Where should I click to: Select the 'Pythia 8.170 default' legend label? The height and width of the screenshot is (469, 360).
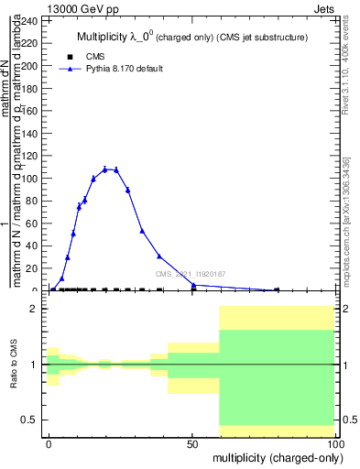pos(125,69)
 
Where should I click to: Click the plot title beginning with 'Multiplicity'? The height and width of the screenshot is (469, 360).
pos(191,38)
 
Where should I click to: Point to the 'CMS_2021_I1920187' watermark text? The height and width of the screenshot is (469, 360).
pos(190,274)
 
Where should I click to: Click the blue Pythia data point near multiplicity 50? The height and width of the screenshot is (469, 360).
pos(193,285)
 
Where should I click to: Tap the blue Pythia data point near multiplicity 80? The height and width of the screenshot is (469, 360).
pos(277,290)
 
